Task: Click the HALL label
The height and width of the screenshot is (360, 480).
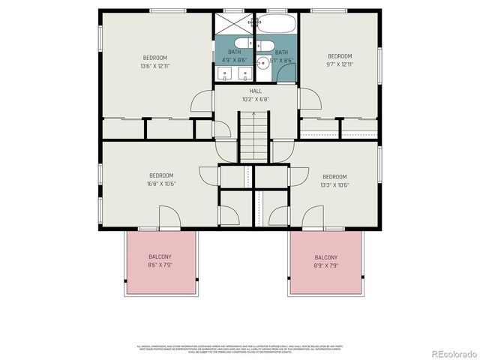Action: (256, 91)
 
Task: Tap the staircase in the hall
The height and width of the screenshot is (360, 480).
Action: (253, 136)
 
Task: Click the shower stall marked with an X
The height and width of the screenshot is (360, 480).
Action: (234, 22)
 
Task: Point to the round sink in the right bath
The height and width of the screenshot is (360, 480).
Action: (263, 63)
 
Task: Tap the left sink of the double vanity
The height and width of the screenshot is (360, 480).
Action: (225, 74)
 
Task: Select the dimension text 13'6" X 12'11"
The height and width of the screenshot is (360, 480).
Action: (155, 66)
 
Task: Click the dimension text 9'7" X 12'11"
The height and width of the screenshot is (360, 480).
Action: (339, 64)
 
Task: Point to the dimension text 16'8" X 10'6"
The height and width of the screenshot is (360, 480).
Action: (160, 184)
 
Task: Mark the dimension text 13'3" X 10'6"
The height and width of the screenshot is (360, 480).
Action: (334, 185)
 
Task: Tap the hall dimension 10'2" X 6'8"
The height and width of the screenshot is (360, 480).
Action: (256, 99)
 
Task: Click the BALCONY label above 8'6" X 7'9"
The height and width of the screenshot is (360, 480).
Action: (160, 256)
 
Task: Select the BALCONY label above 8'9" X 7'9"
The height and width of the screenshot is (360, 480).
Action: (325, 256)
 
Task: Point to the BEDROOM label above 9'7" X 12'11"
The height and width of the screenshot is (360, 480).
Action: (339, 56)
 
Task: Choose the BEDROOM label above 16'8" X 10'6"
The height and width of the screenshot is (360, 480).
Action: (160, 176)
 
